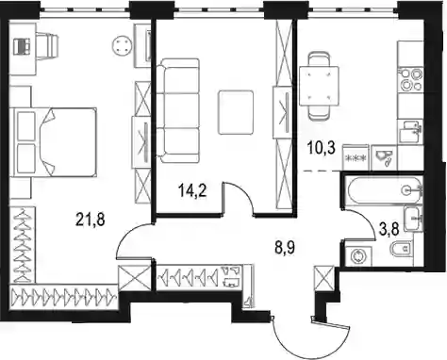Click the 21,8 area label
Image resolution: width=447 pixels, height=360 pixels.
pos(91,219)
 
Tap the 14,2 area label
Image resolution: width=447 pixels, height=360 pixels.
pos(191,190)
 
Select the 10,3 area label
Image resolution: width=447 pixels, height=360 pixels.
pos(322,148)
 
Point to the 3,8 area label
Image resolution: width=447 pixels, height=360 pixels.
pos(389,229)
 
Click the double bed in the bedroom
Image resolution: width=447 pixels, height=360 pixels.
pos(53,141)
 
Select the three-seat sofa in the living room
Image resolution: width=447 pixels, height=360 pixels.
pos(178,110)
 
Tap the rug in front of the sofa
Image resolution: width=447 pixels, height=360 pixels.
pos(236,112)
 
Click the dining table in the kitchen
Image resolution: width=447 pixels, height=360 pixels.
pos(319,86)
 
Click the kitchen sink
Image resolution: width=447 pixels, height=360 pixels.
pos(410,132)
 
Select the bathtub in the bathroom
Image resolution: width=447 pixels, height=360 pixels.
pos(383,189)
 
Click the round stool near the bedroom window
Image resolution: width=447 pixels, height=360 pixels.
pos(122,46)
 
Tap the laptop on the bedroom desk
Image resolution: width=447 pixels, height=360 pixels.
pos(23,46)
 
